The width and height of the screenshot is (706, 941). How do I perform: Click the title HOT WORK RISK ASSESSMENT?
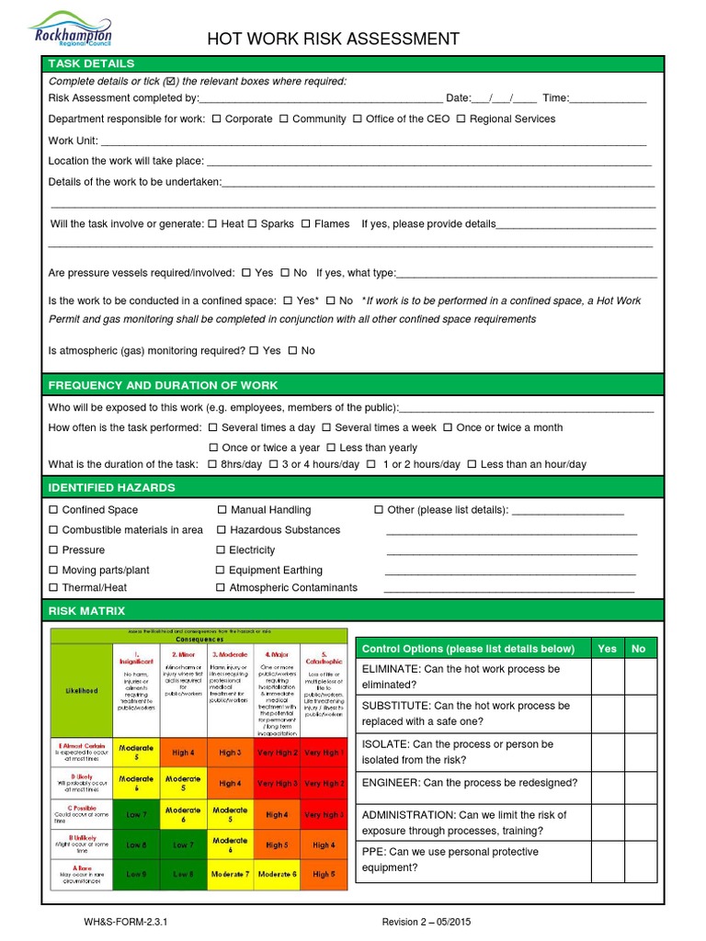[333, 39]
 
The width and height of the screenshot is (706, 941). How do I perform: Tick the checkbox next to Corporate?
[216, 119]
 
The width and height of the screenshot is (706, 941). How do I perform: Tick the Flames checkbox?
[305, 223]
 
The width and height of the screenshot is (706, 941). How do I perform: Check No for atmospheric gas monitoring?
[292, 350]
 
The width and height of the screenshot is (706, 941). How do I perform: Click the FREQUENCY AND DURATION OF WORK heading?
[163, 385]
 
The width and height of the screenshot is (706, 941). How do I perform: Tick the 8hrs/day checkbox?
[212, 464]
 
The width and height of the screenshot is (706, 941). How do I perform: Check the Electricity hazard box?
[221, 550]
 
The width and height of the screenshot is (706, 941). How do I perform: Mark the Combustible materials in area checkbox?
[53, 529]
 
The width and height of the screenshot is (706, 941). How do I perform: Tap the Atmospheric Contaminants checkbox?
[221, 587]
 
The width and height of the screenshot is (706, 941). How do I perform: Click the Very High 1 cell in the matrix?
[324, 753]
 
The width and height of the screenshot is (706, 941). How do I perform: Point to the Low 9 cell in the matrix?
[136, 874]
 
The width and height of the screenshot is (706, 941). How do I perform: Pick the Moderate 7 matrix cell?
[230, 874]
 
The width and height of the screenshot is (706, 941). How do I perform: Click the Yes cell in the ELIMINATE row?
[607, 677]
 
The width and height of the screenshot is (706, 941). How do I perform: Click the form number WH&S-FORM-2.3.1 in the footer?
[126, 922]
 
